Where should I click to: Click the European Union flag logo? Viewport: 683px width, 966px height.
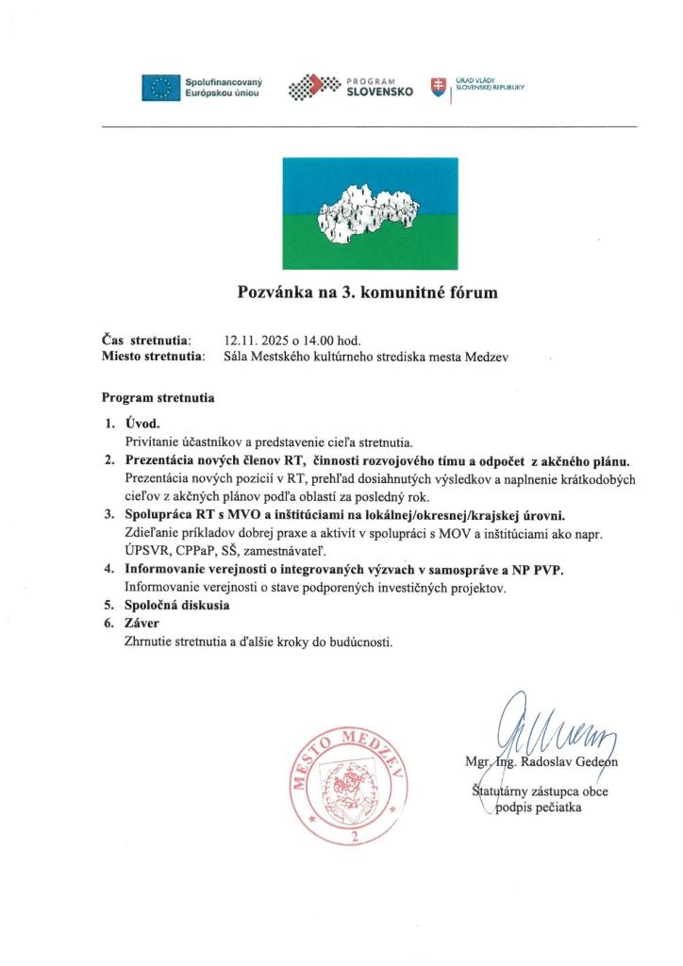(x=161, y=88)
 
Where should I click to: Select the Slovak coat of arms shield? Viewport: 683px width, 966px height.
(x=437, y=88)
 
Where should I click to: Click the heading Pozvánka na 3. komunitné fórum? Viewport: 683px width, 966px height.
(x=366, y=292)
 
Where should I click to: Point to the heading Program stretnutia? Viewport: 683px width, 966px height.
(x=158, y=398)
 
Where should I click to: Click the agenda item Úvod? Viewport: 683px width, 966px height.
(x=142, y=424)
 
